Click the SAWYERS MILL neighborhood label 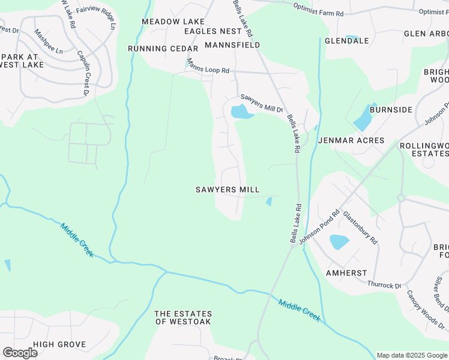coord(228,190)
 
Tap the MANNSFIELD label coord(232,45)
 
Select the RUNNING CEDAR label coord(163,49)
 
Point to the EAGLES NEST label coord(213,31)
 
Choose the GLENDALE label coord(346,41)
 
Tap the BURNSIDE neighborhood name coord(391,110)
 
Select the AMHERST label coord(346,272)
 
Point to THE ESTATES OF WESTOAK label coord(183,318)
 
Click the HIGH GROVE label coord(59,344)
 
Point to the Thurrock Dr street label coord(384,285)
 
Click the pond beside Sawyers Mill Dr coord(240,112)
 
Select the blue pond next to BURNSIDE coord(364,118)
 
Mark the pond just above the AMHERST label coord(339,242)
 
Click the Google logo coord(20,353)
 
